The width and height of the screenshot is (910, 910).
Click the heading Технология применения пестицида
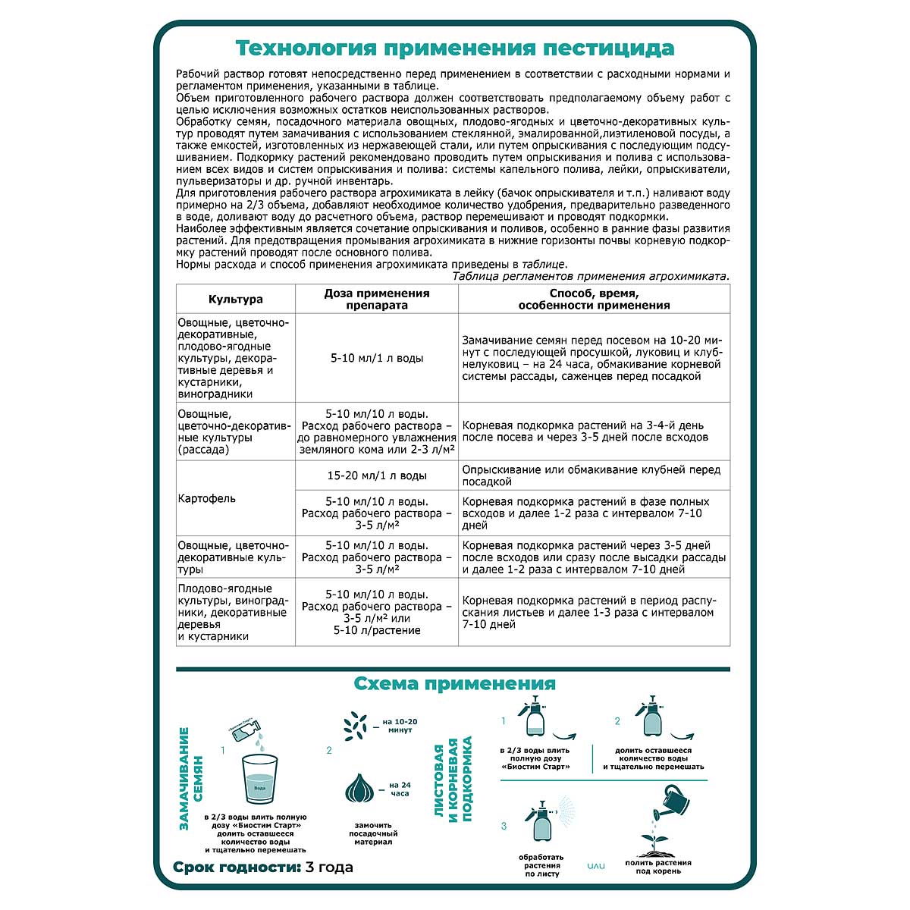[454, 49]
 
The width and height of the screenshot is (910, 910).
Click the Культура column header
[235, 299]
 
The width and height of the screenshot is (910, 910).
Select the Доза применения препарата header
[377, 299]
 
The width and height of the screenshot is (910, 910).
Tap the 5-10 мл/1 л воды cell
[377, 358]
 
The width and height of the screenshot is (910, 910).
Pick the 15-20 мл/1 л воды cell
[377, 475]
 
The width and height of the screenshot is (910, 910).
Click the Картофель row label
[206, 498]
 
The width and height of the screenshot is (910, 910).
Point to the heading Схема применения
[454, 683]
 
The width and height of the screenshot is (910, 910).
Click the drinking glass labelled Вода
[259, 781]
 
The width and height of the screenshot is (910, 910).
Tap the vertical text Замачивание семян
[190, 779]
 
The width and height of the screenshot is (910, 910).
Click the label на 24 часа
[399, 789]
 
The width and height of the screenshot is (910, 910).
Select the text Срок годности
[236, 867]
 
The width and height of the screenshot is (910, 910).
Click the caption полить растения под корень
[658, 867]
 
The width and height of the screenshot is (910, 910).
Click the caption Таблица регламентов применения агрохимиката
[590, 276]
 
